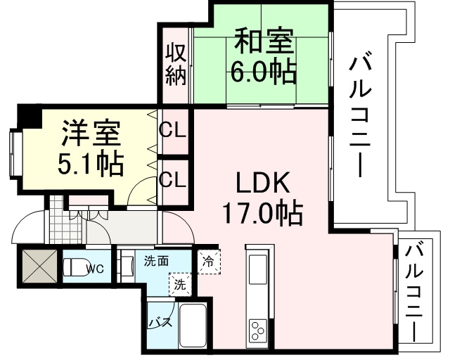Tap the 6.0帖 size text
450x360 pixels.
[x=263, y=72]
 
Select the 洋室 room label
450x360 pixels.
[x=91, y=134]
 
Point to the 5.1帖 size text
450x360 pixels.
[x=91, y=163]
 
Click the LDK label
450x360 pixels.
[x=262, y=184]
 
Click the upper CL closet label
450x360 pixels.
[x=172, y=131]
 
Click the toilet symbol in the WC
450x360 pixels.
[x=75, y=268]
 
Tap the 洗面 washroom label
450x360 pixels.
[x=155, y=261]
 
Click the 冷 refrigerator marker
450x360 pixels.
[x=208, y=260]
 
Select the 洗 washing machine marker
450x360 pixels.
[x=180, y=285]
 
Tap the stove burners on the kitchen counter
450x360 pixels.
[x=257, y=328]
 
